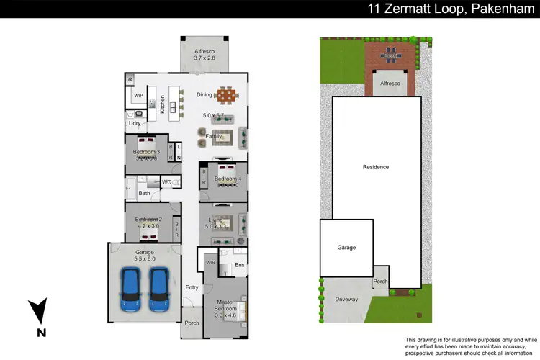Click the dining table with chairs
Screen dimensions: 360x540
(x=227, y=95)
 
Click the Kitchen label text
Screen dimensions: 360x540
(x=163, y=104)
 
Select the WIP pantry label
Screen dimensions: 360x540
(x=138, y=94)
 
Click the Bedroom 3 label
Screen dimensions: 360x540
(x=146, y=152)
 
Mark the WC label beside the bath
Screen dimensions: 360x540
(x=166, y=182)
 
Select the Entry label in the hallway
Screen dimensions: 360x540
(x=192, y=287)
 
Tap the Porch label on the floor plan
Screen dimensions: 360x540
(x=192, y=322)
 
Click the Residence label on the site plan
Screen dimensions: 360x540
(x=376, y=167)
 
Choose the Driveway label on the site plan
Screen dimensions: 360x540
(x=346, y=299)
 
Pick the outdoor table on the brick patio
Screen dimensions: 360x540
(x=391, y=54)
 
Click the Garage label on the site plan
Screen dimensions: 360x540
(x=346, y=247)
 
